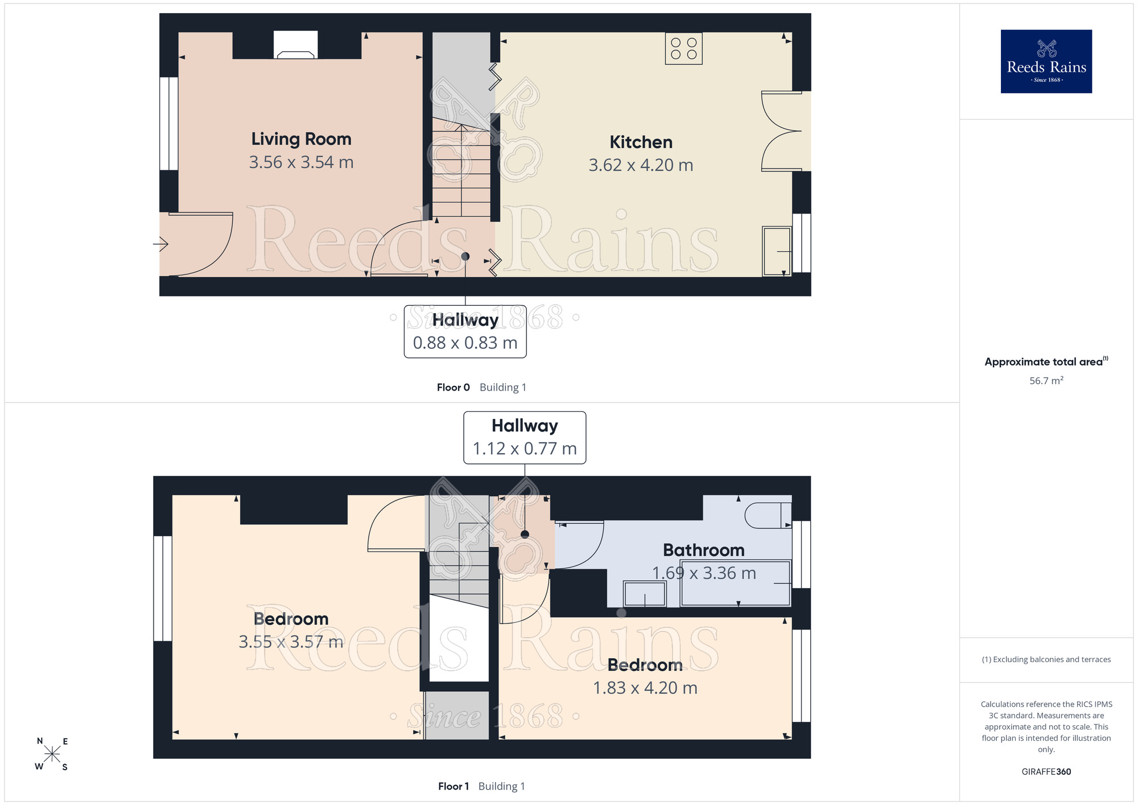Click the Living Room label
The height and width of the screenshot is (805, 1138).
coord(301,139)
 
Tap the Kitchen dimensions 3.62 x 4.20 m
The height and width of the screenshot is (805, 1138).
coord(641,165)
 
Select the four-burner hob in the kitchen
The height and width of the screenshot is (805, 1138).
coord(683,48)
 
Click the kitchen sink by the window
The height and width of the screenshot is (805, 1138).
coord(777,251)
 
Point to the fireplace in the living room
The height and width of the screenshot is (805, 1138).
coord(295,45)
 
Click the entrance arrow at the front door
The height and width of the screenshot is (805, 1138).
coord(161,244)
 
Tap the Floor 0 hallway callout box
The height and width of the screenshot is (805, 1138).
coord(465,331)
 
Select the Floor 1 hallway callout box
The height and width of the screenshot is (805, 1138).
coord(525,437)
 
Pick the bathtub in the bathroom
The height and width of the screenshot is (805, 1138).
coord(736,583)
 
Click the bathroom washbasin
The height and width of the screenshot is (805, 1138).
coord(645,594)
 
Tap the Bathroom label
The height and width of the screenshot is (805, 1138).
coord(704,550)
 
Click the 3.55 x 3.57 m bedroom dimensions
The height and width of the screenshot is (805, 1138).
coord(291,642)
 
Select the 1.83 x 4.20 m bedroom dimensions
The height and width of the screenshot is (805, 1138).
coord(645,688)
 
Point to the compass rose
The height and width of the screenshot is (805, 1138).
coord(52,754)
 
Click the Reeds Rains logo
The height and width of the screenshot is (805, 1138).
coord(1046,61)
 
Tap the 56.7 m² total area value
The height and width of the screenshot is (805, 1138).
coord(1046,380)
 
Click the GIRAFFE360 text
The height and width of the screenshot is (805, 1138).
coord(1046,772)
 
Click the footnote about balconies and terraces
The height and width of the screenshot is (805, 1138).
coord(1046,659)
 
